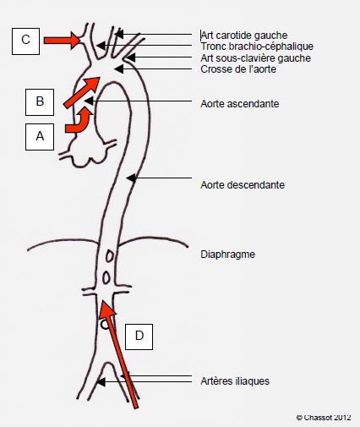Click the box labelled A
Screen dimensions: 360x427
coord(40,137)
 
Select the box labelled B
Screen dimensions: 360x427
coord(40,102)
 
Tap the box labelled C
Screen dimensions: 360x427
coord(25,41)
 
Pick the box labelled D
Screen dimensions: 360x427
coord(139,337)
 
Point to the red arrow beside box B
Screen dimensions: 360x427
coord(82,92)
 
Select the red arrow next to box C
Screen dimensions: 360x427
coord(62,41)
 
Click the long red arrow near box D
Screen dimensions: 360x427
coord(119,353)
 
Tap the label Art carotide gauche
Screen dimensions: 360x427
coord(244,36)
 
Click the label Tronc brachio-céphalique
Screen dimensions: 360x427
coord(257,47)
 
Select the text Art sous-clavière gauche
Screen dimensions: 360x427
coord(256,58)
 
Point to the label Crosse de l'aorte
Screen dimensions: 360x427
coord(238,69)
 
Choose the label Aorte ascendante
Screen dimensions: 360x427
coord(240,104)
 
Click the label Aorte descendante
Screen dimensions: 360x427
coord(243,185)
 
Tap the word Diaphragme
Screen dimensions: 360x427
coord(228,255)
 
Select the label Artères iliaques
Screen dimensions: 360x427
coord(235,381)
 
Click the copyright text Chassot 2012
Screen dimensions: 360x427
coord(324,418)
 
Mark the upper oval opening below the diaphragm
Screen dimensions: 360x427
coord(110,256)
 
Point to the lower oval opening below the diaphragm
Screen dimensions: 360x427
coord(106,277)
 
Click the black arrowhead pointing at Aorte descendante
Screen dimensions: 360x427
coord(131,178)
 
